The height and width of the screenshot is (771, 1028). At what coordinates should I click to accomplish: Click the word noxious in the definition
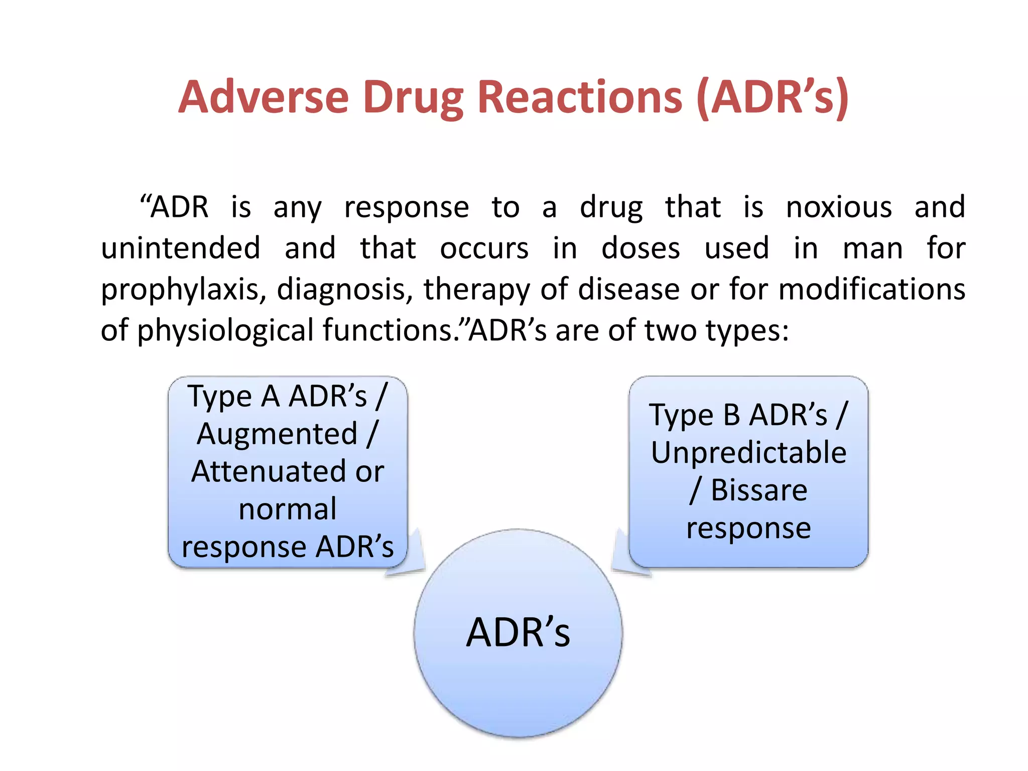pos(839,207)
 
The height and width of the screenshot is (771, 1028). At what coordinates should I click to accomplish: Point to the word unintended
pos(181,248)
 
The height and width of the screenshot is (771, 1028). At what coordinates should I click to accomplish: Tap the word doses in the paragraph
pos(640,248)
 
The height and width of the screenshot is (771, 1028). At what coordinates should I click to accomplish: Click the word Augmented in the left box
pos(277,434)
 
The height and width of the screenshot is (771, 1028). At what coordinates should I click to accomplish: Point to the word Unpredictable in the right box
pos(748,452)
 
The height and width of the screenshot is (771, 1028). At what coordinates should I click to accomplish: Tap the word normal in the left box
pos(288,509)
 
